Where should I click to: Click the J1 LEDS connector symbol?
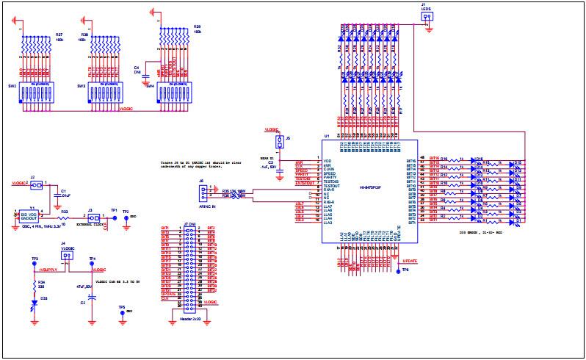[x=427, y=22]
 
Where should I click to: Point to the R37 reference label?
[x=59, y=34]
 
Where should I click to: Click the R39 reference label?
[x=197, y=26]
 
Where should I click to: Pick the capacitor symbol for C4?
[x=145, y=75]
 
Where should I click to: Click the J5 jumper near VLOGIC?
[x=279, y=141]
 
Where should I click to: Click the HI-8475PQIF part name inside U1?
[x=369, y=189]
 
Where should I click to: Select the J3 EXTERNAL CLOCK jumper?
[x=93, y=218]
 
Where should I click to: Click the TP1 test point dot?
[x=114, y=218]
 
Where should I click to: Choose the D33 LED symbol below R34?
[x=35, y=302]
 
